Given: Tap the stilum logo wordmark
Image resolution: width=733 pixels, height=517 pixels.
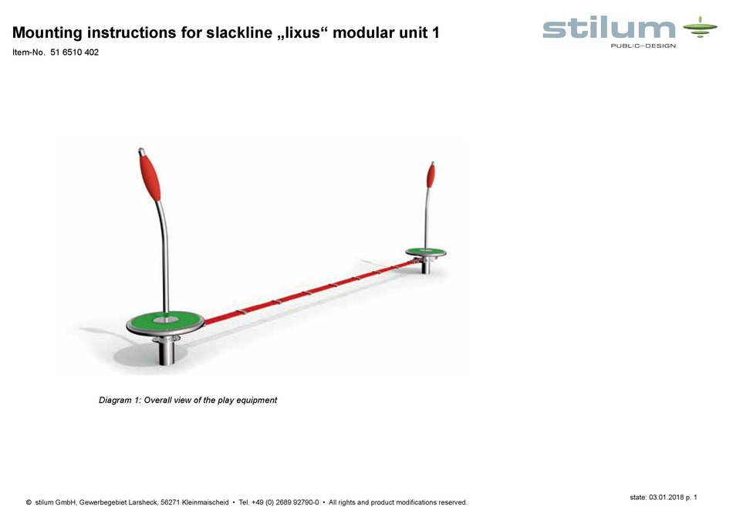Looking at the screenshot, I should (609, 29).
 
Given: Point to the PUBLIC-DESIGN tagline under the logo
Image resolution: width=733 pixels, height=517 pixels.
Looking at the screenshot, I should (642, 46).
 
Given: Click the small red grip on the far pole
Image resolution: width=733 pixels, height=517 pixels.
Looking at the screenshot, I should (431, 176).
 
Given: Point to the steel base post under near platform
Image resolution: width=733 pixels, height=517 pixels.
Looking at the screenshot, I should (167, 351).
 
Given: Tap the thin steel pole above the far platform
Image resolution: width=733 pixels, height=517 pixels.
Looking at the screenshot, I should (426, 220).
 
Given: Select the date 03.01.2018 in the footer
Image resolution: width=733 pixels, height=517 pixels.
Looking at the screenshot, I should (667, 497).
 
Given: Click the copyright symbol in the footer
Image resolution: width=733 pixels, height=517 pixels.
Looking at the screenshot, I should (29, 502).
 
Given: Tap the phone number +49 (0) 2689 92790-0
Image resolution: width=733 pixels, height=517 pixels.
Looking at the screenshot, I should (285, 502).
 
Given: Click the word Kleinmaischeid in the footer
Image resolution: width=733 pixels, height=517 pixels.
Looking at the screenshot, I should (204, 502).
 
